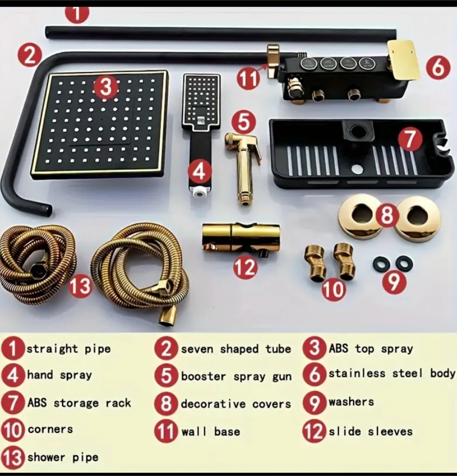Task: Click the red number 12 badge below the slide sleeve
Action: [x=245, y=268]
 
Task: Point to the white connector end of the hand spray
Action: [x=200, y=193]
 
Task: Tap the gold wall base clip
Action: [x=273, y=61]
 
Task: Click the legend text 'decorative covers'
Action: [x=236, y=404]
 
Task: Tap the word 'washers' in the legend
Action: [x=351, y=402]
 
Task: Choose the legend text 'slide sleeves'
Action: [x=371, y=431]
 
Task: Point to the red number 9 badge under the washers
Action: [x=394, y=282]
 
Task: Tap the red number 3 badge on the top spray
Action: [x=106, y=87]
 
